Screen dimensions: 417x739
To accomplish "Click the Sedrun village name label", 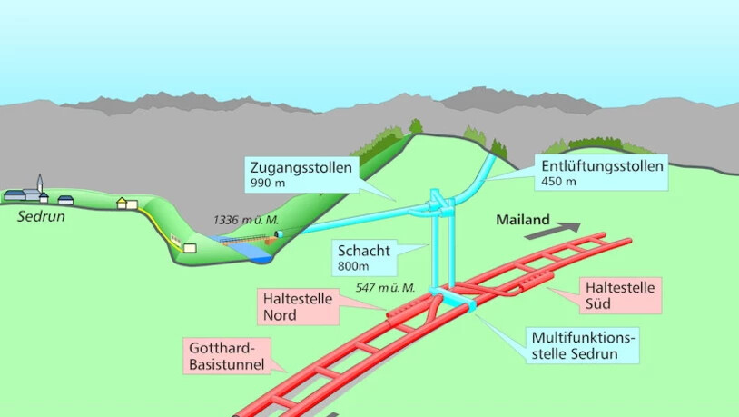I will click(41, 216).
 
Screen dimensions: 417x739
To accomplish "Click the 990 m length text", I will click(264, 184).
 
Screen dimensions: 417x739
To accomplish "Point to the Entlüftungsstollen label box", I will click(603, 173).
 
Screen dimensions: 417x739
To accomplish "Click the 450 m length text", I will click(558, 182).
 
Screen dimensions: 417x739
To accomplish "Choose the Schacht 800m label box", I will click(363, 257).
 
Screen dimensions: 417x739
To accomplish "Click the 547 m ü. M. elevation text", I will click(385, 288).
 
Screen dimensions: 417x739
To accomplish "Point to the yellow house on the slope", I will click(127, 204).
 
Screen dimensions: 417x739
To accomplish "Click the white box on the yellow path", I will click(190, 247).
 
